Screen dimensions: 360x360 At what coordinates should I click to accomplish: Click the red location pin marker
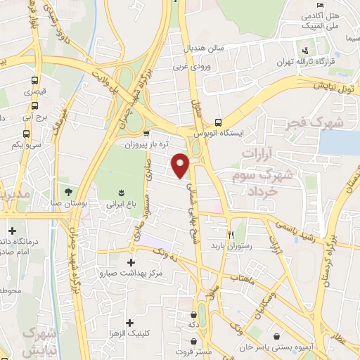click(181, 165)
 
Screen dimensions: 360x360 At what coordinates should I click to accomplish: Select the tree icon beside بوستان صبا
click(68, 191)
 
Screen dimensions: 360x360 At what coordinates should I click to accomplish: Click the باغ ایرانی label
click(120, 204)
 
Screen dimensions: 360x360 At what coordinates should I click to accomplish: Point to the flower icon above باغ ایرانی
click(120, 192)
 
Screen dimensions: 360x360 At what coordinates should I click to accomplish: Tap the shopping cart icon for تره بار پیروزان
click(146, 134)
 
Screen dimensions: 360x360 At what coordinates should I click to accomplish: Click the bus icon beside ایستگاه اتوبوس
click(219, 121)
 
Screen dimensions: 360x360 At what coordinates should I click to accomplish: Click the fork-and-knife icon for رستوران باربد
click(230, 235)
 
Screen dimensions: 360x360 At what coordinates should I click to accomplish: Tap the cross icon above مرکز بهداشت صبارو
click(130, 262)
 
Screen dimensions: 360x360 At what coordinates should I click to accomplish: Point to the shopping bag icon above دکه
click(193, 314)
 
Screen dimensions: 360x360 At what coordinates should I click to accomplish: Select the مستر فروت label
click(193, 350)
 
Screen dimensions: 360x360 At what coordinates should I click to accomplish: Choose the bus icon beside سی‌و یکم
click(26, 134)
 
